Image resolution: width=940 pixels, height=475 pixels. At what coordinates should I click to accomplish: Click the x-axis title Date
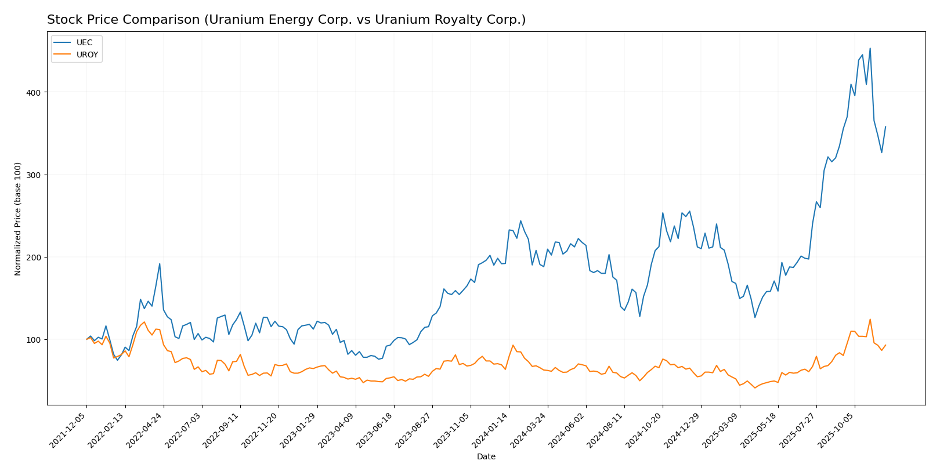[486, 457]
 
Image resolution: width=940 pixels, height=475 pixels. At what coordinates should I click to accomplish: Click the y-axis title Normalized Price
[18, 219]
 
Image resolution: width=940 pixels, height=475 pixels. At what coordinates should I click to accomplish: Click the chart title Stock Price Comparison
[286, 20]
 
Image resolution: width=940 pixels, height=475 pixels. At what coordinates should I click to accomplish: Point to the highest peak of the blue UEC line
[870, 49]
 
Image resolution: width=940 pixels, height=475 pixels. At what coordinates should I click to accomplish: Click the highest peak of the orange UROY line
[870, 320]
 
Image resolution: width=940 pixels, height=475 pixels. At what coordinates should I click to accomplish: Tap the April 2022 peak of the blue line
[160, 264]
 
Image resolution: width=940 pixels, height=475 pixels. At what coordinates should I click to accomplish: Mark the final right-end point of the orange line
[885, 345]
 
